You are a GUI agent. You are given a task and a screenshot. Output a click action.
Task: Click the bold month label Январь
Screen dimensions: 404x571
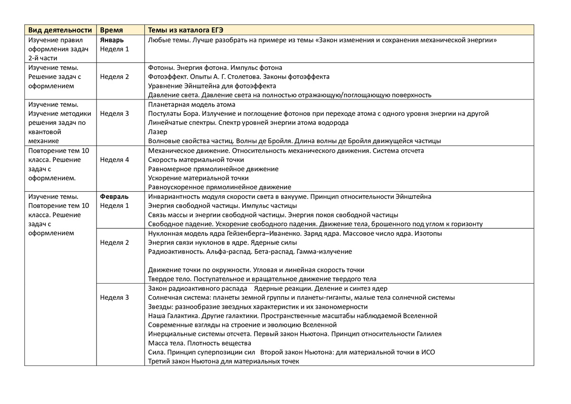click(112, 40)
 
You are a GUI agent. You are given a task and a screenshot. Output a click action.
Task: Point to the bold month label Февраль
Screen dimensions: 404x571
click(114, 197)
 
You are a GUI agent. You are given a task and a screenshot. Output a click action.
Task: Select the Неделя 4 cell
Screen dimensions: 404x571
click(114, 160)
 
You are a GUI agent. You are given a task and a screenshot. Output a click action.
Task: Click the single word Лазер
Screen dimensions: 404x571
click(158, 132)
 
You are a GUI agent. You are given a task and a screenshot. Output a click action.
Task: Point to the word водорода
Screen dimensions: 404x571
click(334, 123)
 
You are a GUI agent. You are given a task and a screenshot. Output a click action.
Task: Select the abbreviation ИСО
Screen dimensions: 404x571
click(428, 353)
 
